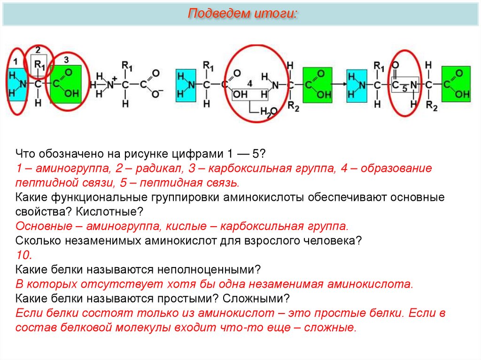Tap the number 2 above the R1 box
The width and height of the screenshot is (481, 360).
pos(38,49)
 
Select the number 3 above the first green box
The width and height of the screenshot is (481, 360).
pos(66,60)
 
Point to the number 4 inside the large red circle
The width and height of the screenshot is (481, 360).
pos(249,83)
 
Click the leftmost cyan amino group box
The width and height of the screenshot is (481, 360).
pos(17,84)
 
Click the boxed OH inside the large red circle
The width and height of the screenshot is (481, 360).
pos(240,94)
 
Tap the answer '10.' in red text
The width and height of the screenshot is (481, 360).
pos(23,255)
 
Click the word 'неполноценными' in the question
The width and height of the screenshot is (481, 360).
pos(202,269)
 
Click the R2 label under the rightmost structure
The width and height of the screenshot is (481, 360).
pos(431,107)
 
